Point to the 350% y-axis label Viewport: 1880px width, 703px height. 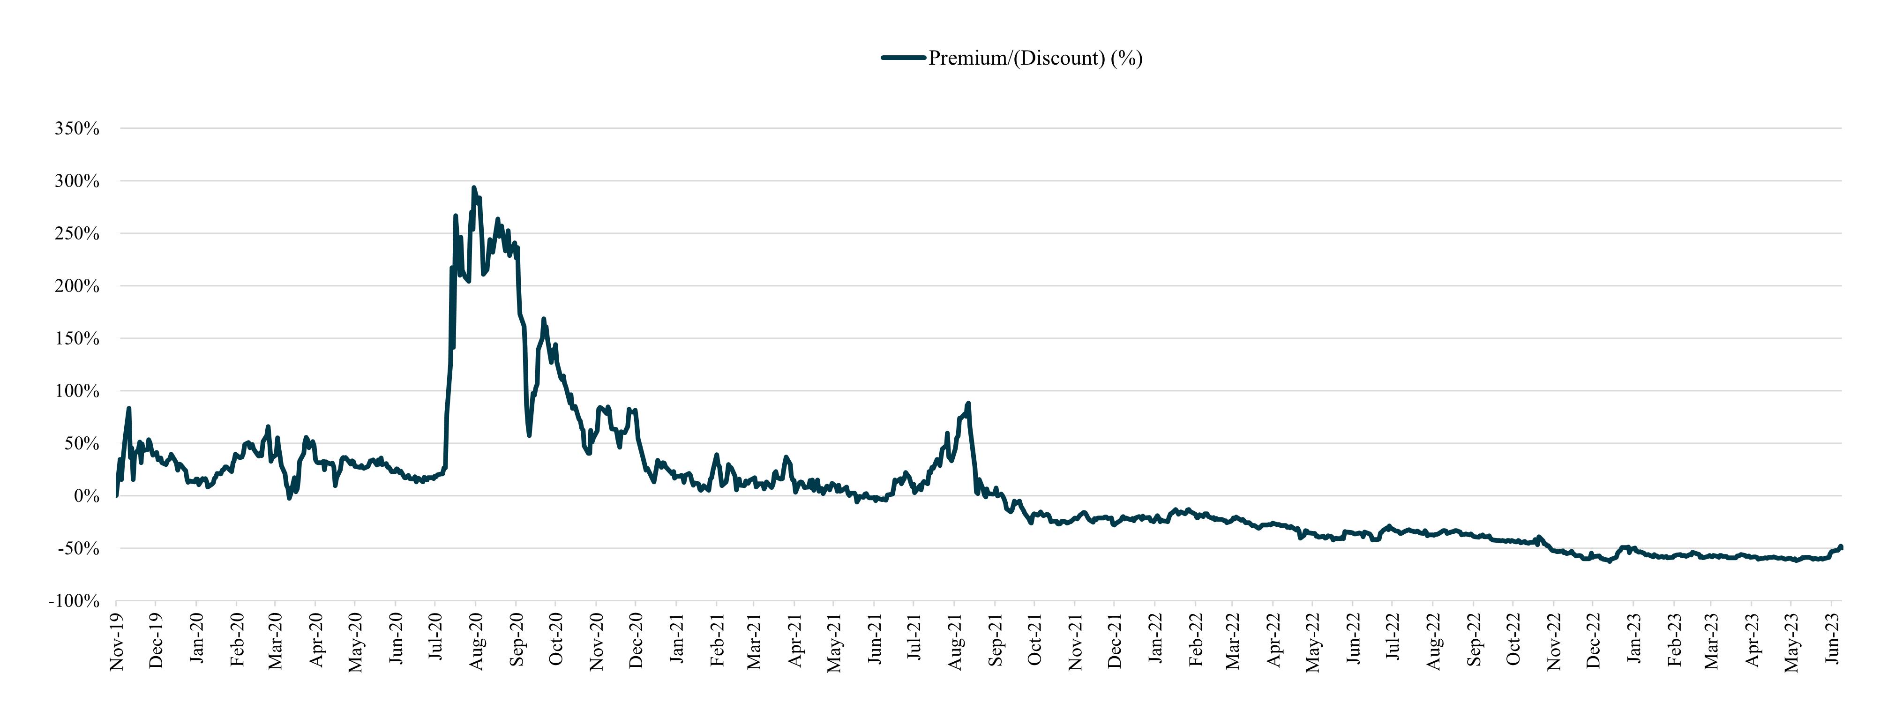pos(76,128)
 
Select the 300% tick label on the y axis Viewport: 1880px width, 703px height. pos(76,181)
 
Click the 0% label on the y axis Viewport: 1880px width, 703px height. pos(86,496)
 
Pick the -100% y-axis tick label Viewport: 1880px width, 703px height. pos(74,601)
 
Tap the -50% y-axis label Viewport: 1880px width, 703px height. pos(78,549)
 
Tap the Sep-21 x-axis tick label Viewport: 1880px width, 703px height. pos(996,641)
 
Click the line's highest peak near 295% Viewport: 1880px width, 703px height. pos(474,187)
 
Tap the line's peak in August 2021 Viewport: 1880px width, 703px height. pos(968,403)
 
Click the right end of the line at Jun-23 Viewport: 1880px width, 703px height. pos(1841,547)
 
